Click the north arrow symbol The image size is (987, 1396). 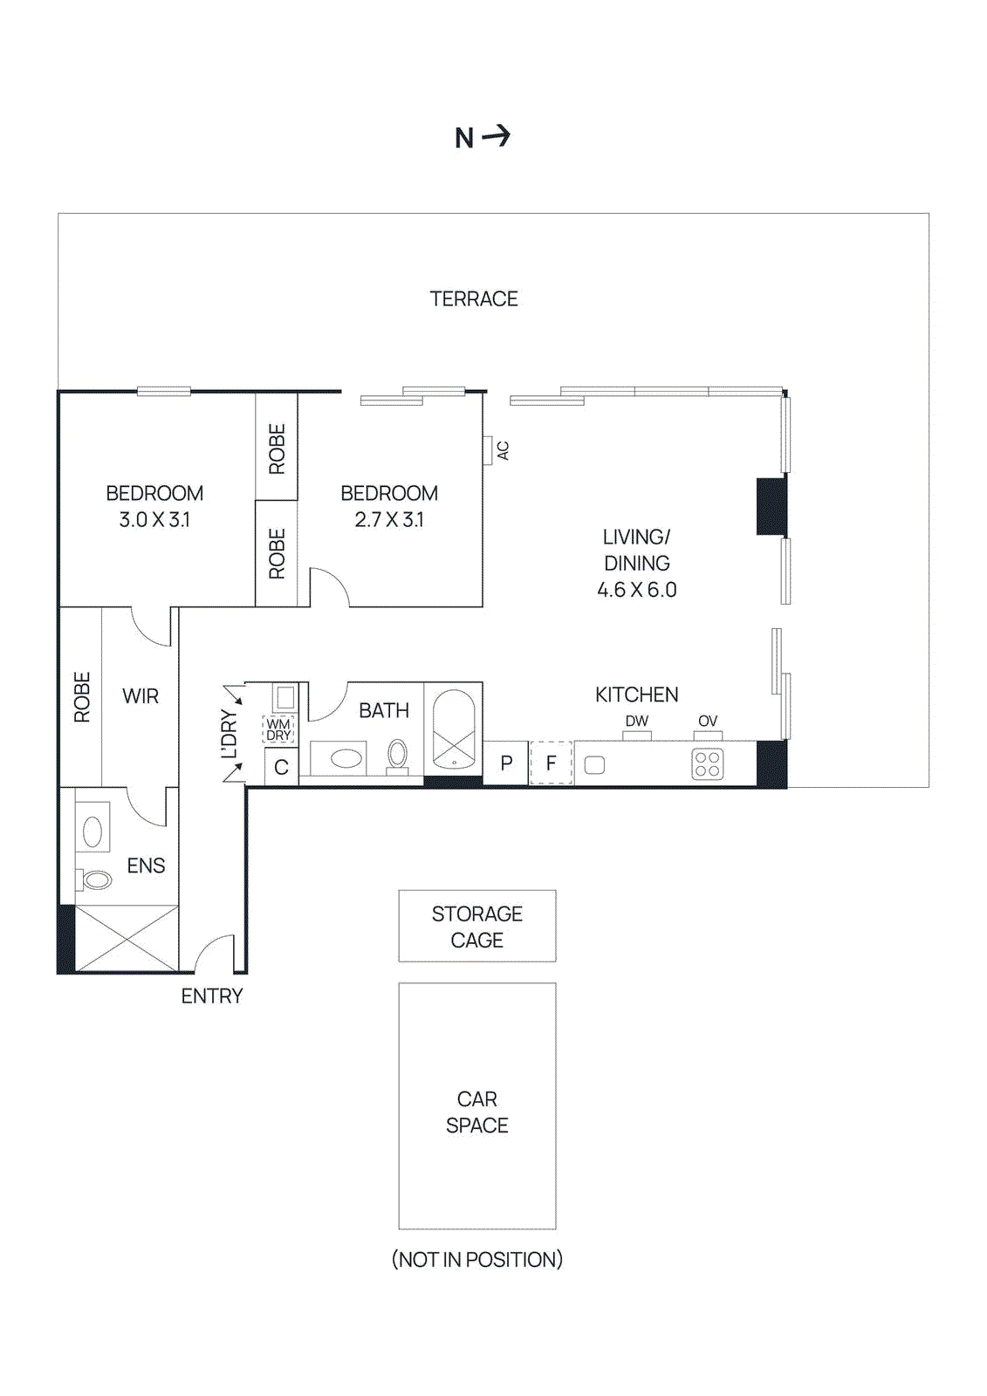(x=496, y=136)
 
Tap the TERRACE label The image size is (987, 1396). (x=474, y=299)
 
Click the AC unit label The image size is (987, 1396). (x=503, y=450)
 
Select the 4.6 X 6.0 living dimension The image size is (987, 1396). (x=636, y=590)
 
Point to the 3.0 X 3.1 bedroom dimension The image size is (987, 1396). (x=154, y=520)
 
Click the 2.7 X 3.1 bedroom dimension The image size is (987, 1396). (x=389, y=520)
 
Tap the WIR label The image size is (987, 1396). (x=141, y=696)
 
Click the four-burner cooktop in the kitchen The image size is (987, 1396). (x=707, y=764)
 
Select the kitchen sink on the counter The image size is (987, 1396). (x=594, y=765)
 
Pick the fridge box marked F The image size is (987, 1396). (x=551, y=763)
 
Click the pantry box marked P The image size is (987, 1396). (x=506, y=763)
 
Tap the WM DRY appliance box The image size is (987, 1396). (x=278, y=729)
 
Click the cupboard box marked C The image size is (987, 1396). (x=281, y=768)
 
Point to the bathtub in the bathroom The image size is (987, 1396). (x=454, y=729)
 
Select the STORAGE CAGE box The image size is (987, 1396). (x=476, y=926)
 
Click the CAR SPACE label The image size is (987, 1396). (x=476, y=1112)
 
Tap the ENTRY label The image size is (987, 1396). (x=212, y=996)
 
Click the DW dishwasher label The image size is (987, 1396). (x=637, y=721)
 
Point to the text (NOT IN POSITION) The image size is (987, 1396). (x=476, y=1259)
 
